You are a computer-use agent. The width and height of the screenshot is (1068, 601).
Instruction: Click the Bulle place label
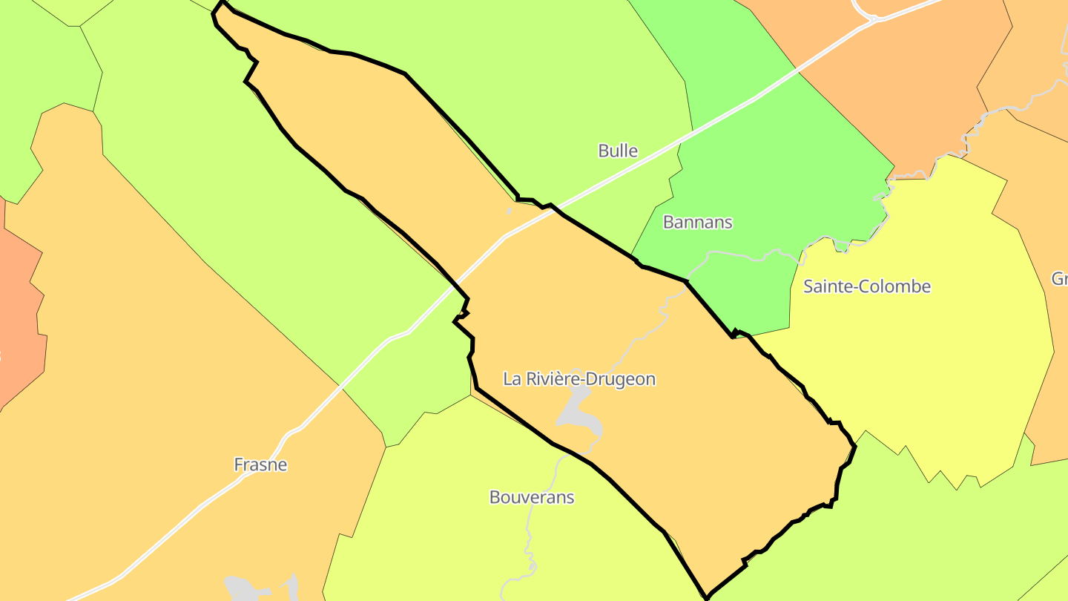point(618,151)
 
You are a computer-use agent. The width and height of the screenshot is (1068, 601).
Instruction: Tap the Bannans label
point(697,222)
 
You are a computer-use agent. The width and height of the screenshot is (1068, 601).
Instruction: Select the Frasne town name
point(260,465)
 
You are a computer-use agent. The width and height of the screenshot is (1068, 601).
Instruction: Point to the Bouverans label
point(532,497)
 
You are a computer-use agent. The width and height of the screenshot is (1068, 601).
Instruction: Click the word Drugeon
point(622,379)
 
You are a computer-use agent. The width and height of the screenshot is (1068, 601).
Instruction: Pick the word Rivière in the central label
point(552,379)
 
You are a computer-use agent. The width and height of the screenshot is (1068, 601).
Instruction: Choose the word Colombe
point(898,286)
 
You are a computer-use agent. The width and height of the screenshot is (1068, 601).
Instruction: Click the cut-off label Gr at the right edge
point(1059,279)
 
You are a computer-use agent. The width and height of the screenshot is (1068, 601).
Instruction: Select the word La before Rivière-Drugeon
point(512,379)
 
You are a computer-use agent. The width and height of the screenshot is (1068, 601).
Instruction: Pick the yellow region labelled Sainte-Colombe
point(927,356)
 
